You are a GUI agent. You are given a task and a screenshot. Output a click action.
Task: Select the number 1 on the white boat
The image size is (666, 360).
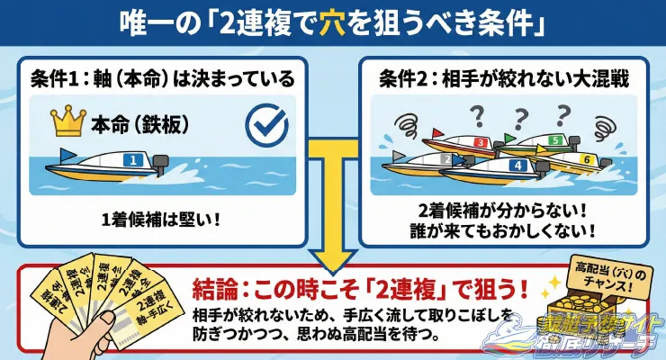click(x=137, y=160)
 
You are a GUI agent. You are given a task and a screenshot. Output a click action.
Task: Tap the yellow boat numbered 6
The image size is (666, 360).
click(x=576, y=160)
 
